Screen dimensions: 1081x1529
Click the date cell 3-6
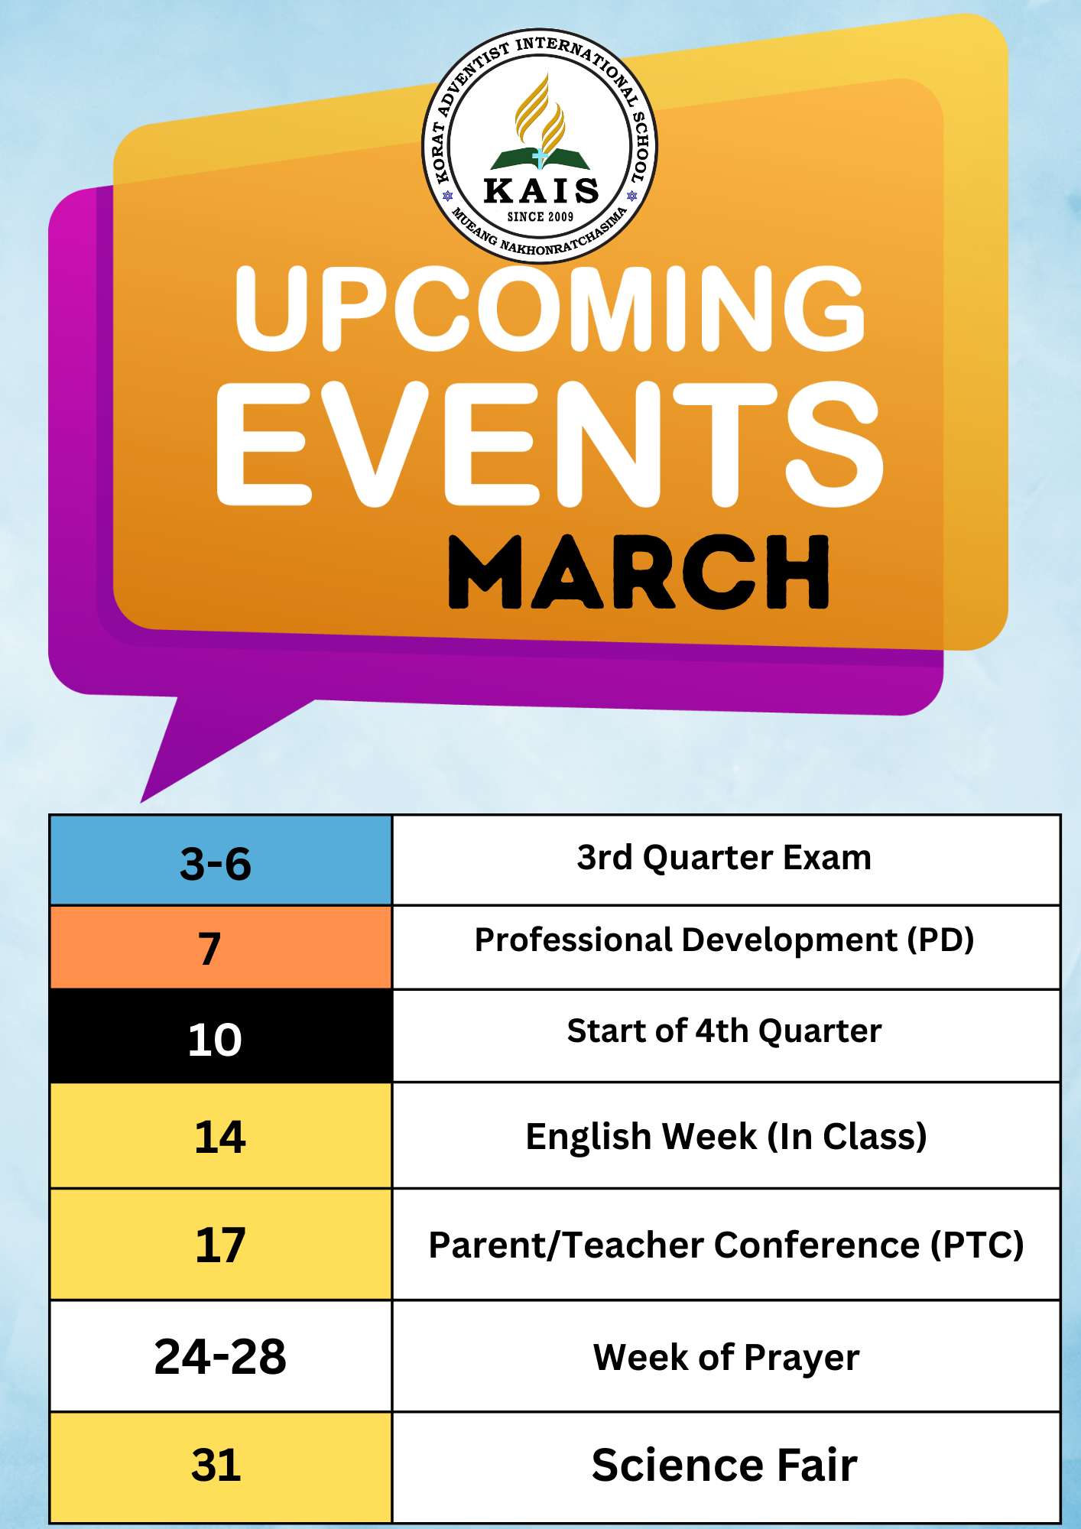[x=221, y=861]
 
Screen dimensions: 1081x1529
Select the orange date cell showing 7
[x=221, y=947]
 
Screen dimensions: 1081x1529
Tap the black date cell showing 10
[x=221, y=1036]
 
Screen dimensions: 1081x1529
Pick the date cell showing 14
[x=221, y=1135]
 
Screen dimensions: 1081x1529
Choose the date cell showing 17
[x=221, y=1244]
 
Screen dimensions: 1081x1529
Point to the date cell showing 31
[x=221, y=1467]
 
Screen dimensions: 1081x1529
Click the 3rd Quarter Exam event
[x=724, y=858]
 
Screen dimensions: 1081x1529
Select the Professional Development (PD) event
[x=724, y=940]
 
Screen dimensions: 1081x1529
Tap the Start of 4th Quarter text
[x=724, y=1031]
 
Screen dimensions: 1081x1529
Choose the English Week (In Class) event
[x=726, y=1136]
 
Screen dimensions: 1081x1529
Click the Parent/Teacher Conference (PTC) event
[x=726, y=1245]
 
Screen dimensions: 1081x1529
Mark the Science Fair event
[x=725, y=1466]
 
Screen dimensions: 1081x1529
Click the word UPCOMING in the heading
[x=550, y=308]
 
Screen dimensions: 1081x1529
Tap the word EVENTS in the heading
[x=550, y=444]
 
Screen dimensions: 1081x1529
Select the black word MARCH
[x=639, y=572]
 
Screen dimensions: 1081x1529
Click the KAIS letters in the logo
[x=541, y=190]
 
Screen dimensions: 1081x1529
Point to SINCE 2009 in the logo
[x=540, y=217]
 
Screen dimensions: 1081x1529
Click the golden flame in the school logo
[x=540, y=114]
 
